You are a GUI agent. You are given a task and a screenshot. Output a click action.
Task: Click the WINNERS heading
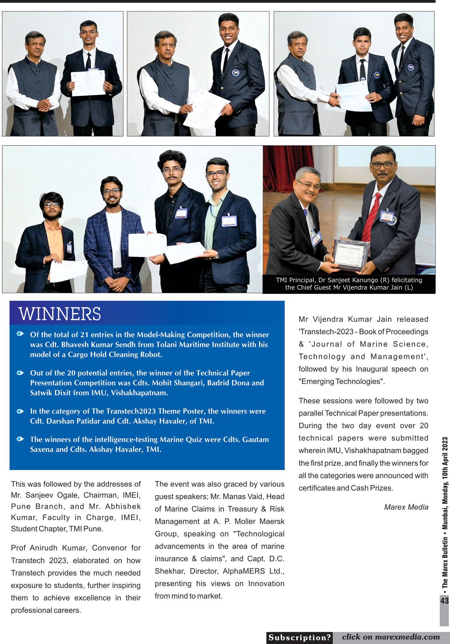60,314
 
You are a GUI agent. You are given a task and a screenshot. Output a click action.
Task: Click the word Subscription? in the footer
299,637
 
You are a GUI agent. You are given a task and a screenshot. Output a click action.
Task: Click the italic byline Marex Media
406,507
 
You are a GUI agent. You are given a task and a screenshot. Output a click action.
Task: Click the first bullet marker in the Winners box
20,334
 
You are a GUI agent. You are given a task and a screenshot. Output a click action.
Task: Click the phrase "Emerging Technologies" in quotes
342,381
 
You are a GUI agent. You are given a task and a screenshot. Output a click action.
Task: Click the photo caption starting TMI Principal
349,284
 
